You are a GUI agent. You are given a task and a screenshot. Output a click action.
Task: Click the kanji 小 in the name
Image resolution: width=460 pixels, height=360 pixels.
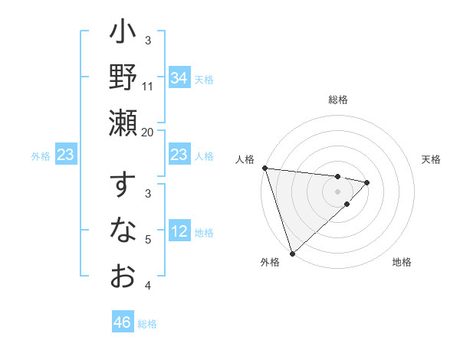coord(123,35)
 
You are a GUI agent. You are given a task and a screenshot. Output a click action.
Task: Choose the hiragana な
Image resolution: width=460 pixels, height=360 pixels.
coord(123,230)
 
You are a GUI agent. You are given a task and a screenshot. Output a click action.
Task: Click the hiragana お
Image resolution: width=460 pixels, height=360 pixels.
coord(123,274)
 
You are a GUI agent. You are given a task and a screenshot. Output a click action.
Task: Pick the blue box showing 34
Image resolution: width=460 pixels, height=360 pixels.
coord(179,77)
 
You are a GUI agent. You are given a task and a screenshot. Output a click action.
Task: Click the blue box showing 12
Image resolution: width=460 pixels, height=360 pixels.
coord(179,231)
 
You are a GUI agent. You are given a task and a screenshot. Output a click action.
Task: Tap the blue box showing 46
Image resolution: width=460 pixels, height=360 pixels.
coord(122,322)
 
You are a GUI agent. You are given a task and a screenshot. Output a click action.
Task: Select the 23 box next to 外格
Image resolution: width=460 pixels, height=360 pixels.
coord(66,155)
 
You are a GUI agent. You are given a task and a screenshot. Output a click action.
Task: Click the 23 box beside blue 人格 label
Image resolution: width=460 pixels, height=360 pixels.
coord(179,155)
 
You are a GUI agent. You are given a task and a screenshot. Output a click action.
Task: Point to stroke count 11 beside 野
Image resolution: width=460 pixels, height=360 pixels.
coord(148,87)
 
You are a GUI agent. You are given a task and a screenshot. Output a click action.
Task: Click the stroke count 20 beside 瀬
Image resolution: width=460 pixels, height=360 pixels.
coord(148,132)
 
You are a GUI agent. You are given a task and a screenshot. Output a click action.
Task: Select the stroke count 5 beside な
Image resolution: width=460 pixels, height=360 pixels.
coord(148,240)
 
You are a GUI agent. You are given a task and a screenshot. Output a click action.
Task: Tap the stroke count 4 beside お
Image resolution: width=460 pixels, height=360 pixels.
coord(148,286)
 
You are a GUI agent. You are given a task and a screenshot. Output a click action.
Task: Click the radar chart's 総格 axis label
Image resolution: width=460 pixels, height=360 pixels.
coord(338,100)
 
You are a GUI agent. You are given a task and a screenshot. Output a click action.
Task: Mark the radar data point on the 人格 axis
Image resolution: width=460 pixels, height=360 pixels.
coord(264,168)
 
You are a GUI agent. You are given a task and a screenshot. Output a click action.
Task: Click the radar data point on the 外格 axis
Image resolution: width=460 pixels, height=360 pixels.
coord(292,253)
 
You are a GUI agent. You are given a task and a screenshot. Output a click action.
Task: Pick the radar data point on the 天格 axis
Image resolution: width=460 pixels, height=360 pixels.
coord(368,182)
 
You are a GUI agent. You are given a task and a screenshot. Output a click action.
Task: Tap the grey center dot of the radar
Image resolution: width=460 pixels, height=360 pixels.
coord(338,191)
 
